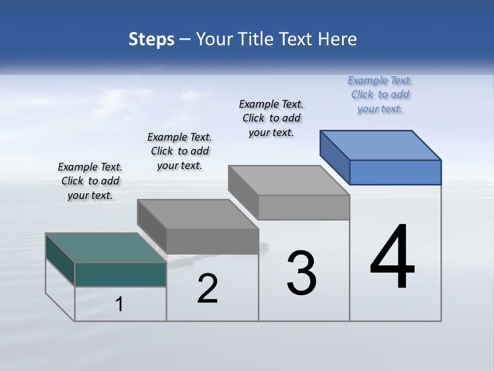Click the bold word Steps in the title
151,39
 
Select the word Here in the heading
338,39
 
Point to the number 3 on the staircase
302,273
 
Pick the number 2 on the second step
208,289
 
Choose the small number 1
119,305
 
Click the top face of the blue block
381,145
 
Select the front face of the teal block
120,274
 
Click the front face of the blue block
395,172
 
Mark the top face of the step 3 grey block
289,180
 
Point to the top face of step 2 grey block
198,214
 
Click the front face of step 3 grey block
304,207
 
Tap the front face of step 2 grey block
212,241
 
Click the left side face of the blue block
334,157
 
